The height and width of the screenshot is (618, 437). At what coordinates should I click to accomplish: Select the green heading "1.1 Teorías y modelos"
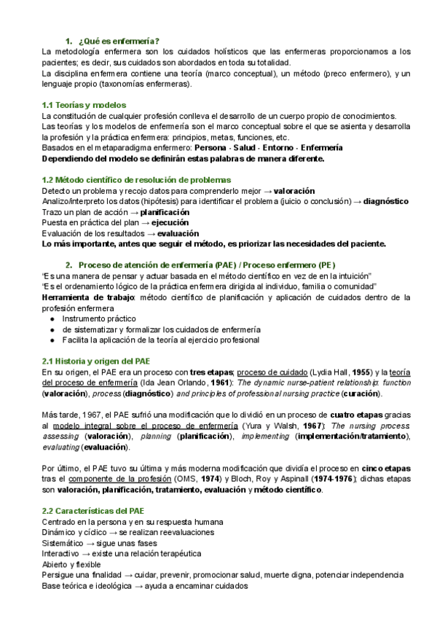tap(84, 105)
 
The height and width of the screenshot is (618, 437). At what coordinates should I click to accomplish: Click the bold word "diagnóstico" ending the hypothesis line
tap(386, 200)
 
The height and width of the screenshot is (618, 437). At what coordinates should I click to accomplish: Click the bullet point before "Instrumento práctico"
tap(52, 318)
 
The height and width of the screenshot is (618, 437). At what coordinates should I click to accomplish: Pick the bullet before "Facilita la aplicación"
tap(52, 340)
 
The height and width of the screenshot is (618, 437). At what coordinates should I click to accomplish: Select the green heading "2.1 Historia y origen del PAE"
tap(97, 360)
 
